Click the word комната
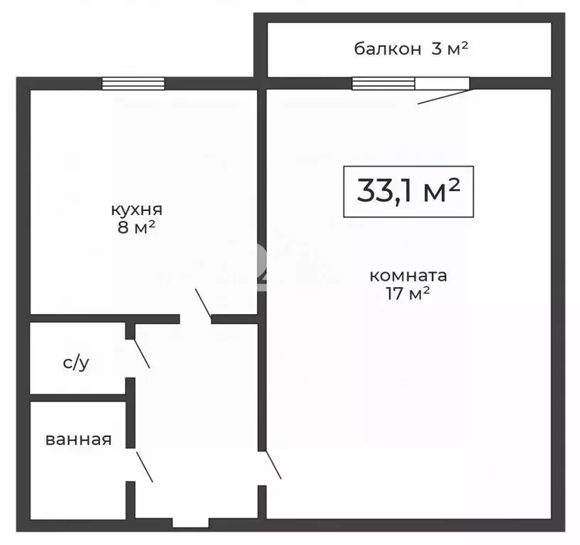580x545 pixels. pyautogui.click(x=408, y=276)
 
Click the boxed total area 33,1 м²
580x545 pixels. pyautogui.click(x=408, y=191)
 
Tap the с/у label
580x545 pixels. pyautogui.click(x=76, y=363)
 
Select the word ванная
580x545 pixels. pyautogui.click(x=78, y=440)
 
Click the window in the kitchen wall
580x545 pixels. pyautogui.click(x=133, y=84)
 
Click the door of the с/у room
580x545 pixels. pyautogui.click(x=138, y=353)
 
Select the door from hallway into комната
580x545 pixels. pyautogui.click(x=271, y=465)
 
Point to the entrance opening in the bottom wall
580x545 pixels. pyautogui.click(x=190, y=524)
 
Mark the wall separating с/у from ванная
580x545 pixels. pyautogui.click(x=78, y=396)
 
